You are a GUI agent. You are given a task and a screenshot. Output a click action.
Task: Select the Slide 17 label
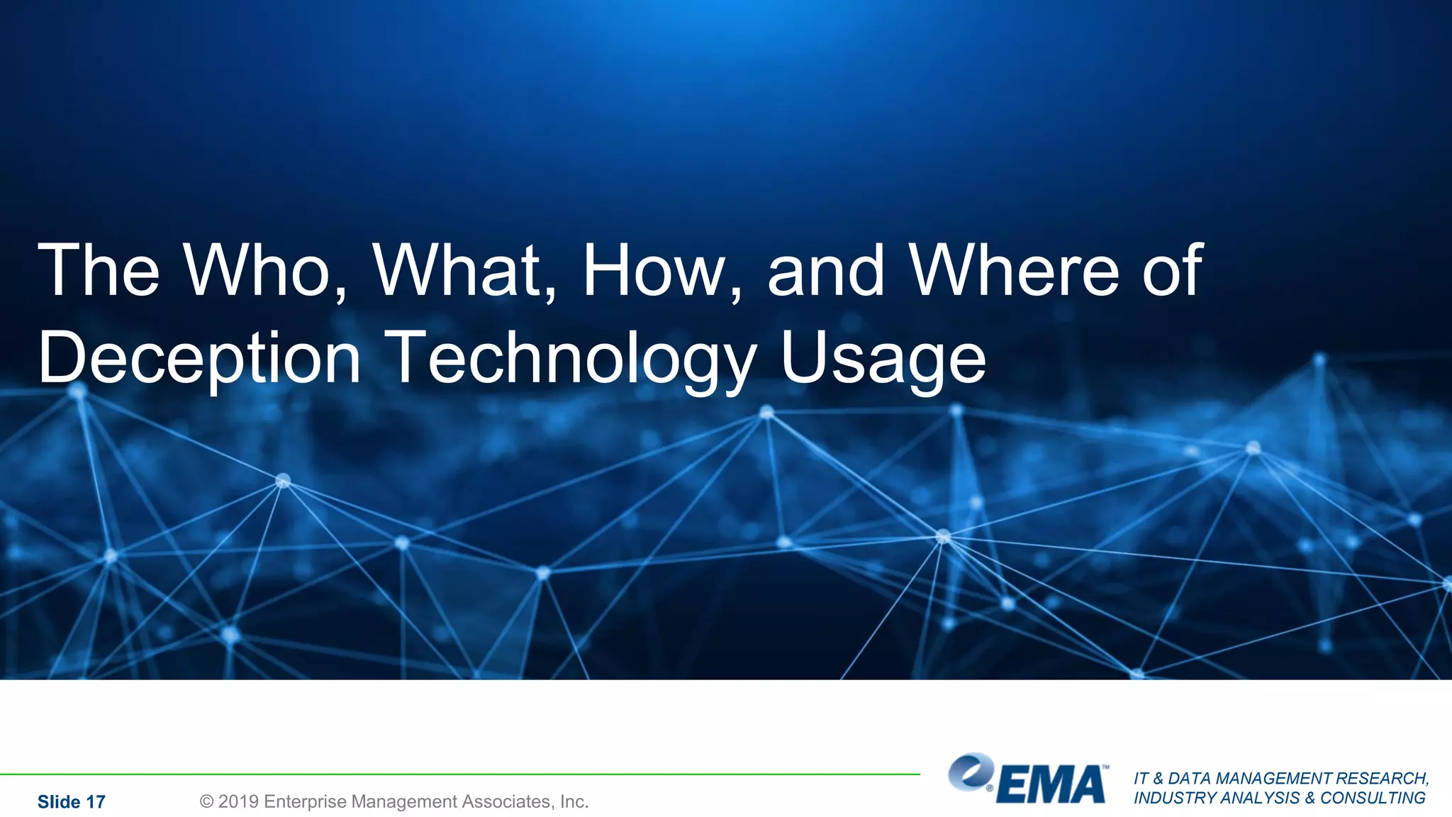(72, 802)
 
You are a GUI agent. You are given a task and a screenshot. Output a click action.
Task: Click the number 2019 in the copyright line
(238, 801)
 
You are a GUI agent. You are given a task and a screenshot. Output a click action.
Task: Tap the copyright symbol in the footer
(206, 801)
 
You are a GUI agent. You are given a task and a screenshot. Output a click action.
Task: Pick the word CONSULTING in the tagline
(1373, 798)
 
